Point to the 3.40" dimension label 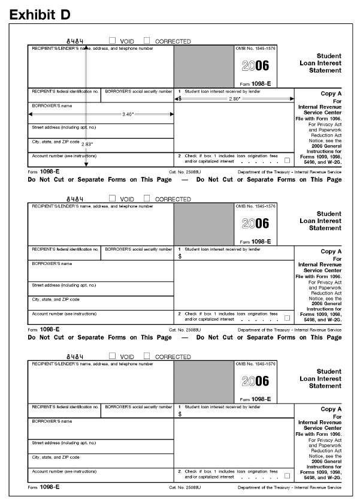(128, 114)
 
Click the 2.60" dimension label (235, 98)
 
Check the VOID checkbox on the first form (112, 41)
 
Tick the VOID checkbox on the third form (112, 356)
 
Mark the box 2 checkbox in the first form (288, 160)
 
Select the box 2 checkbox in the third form (288, 476)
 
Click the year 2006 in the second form (255, 224)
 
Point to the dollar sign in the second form (180, 256)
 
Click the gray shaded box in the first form (204, 66)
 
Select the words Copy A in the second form (331, 251)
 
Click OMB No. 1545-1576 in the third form (256, 364)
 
